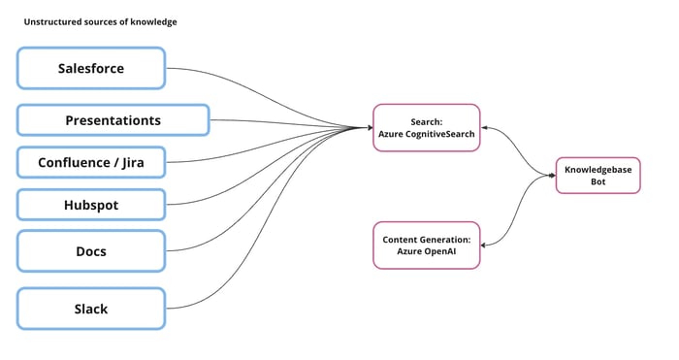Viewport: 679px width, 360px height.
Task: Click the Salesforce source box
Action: [91, 69]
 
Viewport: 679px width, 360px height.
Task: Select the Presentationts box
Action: [113, 120]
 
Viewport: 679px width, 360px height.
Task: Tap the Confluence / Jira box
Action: [91, 162]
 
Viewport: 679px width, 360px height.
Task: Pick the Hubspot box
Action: [91, 206]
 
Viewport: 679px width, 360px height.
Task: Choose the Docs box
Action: [91, 251]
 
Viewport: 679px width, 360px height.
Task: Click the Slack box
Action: [91, 309]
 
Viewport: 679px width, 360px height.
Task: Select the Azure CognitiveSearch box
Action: [427, 127]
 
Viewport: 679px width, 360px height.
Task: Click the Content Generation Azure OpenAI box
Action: [427, 245]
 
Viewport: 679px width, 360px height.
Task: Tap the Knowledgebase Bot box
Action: [598, 175]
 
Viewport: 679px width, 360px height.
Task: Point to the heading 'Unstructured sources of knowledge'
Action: [100, 21]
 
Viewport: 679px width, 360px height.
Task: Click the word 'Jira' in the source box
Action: [128, 162]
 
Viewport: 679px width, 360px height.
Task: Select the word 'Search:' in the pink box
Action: [427, 121]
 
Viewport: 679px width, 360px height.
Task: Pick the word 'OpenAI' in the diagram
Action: [440, 250]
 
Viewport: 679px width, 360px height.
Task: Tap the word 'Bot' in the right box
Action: [598, 181]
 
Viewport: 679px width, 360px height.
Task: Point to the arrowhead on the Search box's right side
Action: [484, 127]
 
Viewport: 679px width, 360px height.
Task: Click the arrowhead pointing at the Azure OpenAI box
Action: [484, 245]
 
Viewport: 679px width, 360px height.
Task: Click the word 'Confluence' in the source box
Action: [74, 162]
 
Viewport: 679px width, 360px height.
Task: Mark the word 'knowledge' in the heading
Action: [155, 21]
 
